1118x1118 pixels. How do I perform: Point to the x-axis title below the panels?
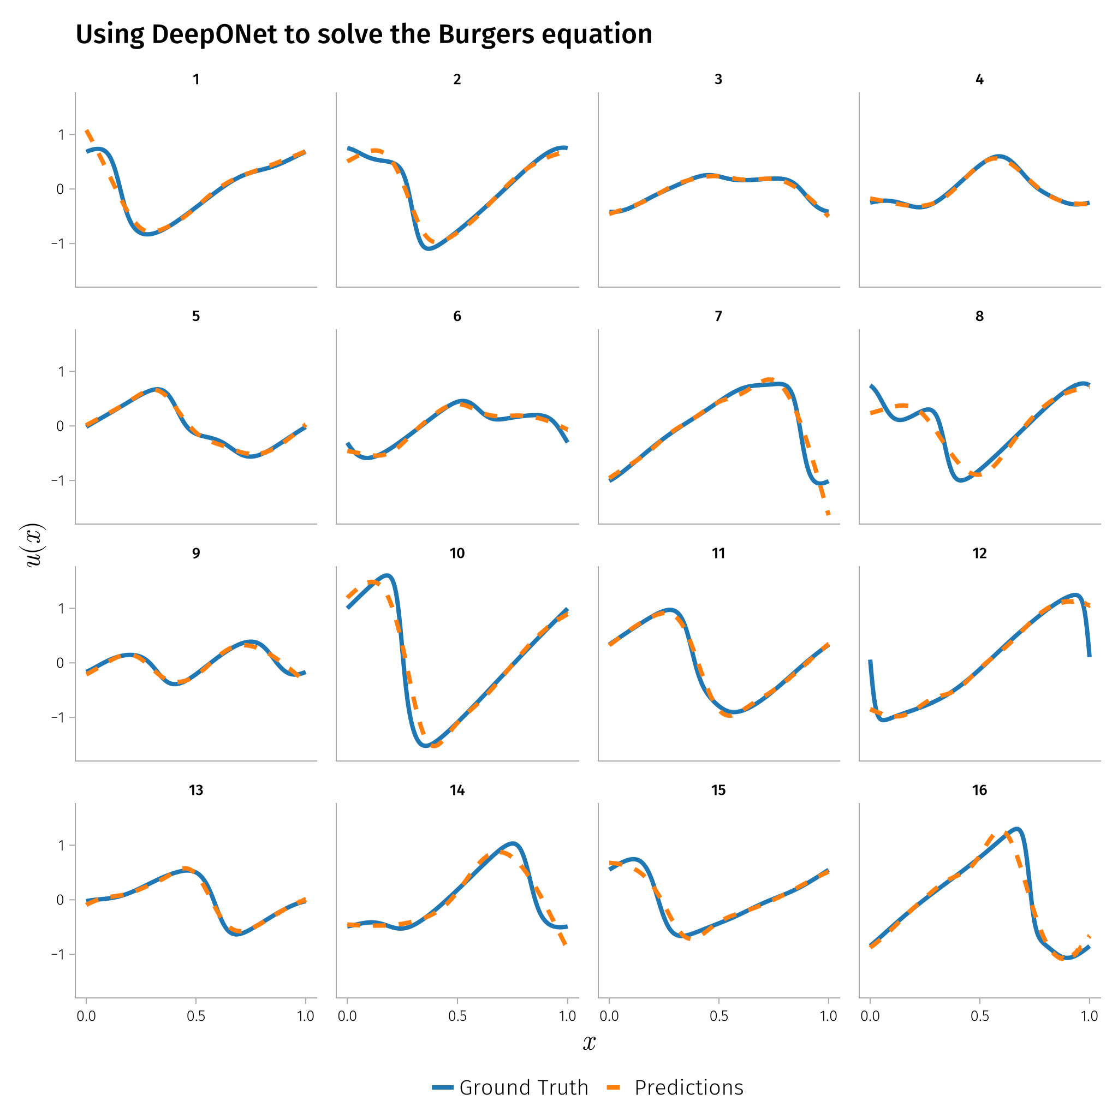click(x=589, y=1043)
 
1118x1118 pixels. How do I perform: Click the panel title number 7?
click(x=718, y=316)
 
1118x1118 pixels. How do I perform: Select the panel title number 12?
click(x=979, y=553)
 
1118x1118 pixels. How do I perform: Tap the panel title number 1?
click(x=196, y=79)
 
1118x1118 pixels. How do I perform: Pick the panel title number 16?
click(x=979, y=790)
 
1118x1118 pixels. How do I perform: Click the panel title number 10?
click(x=457, y=553)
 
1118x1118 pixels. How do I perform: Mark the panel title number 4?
click(x=979, y=79)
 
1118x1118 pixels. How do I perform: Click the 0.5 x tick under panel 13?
click(x=196, y=1015)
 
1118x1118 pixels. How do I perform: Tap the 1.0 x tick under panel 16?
click(x=1089, y=1015)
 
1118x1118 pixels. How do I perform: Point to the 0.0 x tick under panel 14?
click(x=347, y=1015)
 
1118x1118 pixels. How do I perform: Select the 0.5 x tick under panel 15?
click(x=719, y=1015)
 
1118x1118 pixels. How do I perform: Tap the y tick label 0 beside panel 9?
click(x=60, y=663)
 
